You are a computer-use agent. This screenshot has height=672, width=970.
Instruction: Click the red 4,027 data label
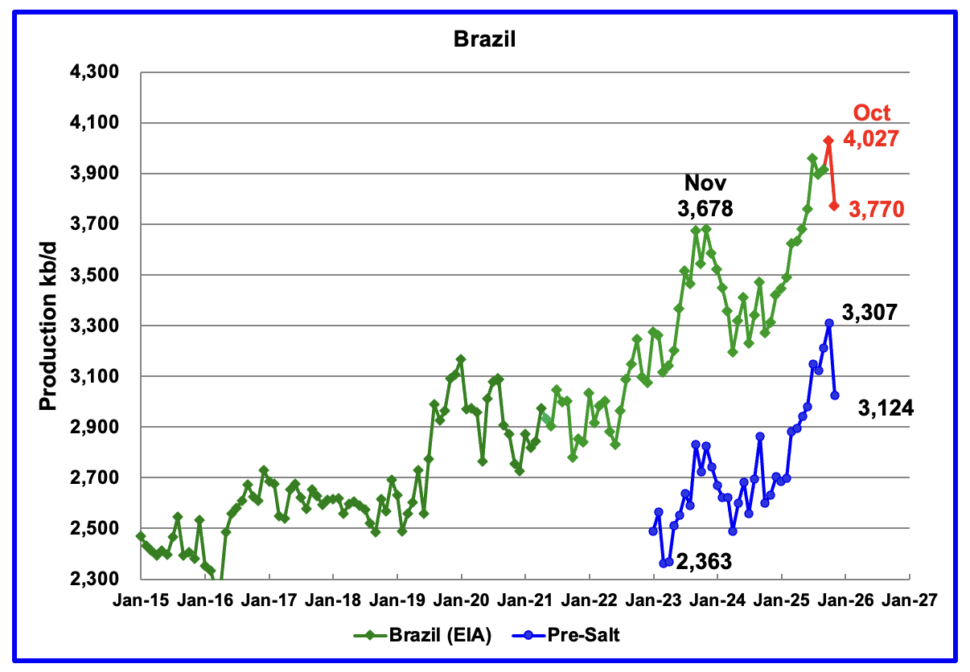pyautogui.click(x=870, y=140)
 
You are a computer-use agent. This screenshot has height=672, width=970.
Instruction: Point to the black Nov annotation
pyautogui.click(x=705, y=183)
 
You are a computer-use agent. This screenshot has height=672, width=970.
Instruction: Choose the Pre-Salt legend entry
pyautogui.click(x=566, y=635)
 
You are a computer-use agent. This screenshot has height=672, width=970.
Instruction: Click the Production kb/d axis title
pyautogui.click(x=49, y=326)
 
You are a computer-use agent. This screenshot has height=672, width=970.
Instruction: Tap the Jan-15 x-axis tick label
pyautogui.click(x=141, y=600)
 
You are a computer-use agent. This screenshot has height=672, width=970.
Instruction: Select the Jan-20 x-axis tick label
pyautogui.click(x=461, y=600)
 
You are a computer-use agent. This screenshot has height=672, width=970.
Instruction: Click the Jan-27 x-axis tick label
pyautogui.click(x=909, y=600)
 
